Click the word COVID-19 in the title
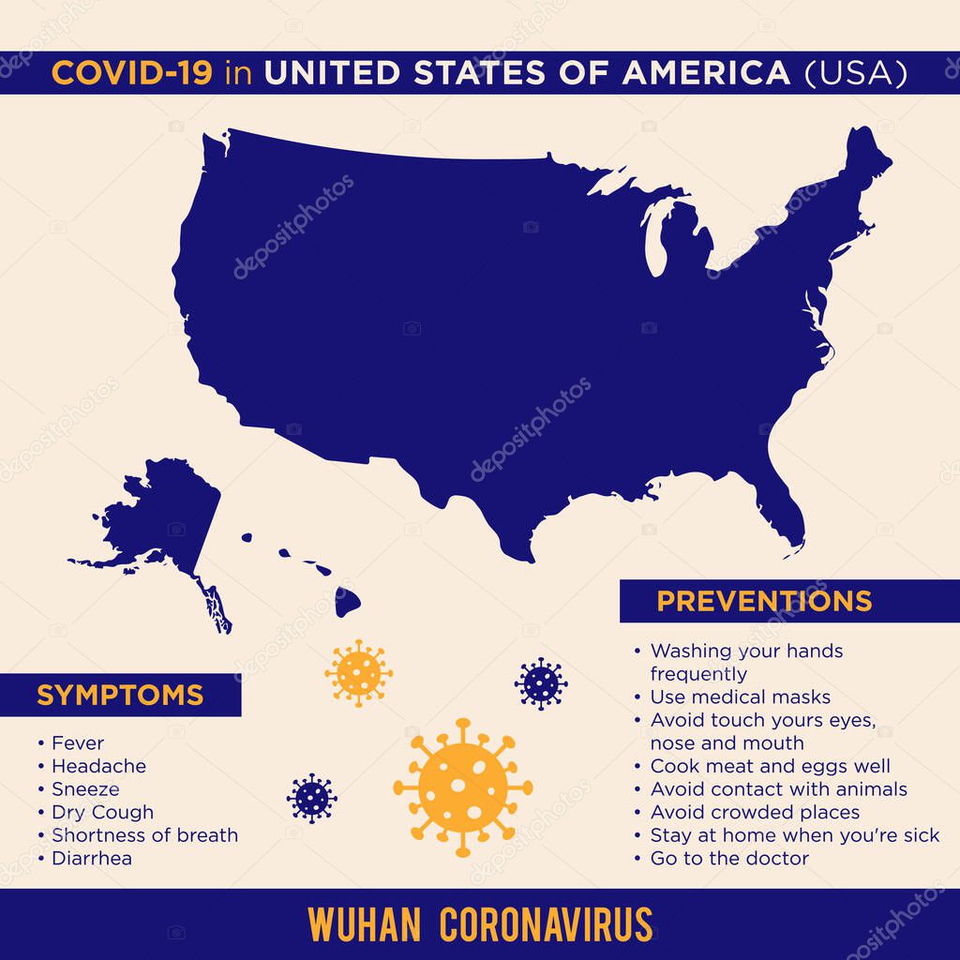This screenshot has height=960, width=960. coord(132,73)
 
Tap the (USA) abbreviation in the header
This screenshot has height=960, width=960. coord(856,73)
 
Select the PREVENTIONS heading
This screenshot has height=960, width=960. coord(764,601)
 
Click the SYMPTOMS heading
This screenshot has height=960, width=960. coord(120,695)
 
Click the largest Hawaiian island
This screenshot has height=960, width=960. coord(346,603)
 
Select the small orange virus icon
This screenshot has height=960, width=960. coord(358,672)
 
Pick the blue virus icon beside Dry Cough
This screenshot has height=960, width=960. coord(312,798)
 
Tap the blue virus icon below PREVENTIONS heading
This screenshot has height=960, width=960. coord(541,682)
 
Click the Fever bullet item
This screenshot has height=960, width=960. coord(78,743)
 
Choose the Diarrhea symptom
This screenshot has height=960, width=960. coord(92,858)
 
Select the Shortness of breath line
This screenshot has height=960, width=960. coord(144,835)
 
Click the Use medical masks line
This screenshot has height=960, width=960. coord(741,697)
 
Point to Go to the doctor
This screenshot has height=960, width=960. coord(729,858)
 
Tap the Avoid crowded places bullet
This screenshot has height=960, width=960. coord(755,812)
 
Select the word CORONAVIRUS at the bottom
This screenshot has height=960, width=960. coord(546,924)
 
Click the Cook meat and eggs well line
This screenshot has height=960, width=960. coord(771,766)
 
